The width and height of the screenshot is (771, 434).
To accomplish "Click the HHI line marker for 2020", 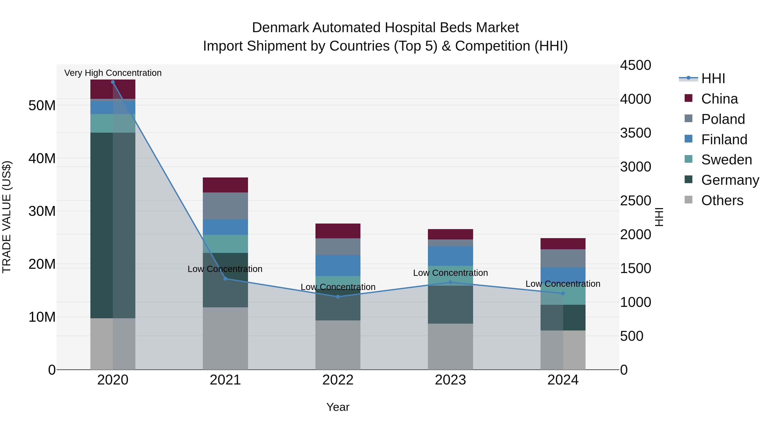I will pos(113,82).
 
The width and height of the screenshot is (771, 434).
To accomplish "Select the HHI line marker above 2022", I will pos(338,297).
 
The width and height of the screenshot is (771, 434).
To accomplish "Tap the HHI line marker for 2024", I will pos(563,294).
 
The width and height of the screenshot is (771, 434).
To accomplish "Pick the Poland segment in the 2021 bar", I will pos(225,206).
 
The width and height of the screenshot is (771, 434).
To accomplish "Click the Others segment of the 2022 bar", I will pos(338,345).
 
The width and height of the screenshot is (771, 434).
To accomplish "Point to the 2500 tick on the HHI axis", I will pos(635,200).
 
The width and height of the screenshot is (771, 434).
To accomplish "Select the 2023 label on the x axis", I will pos(450,380).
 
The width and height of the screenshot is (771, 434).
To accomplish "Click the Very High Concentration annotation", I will pos(113,73).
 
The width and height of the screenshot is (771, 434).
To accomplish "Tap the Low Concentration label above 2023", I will pos(450,273).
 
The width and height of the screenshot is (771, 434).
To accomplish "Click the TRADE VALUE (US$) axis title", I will pos(7,217).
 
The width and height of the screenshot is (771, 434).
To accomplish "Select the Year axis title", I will pos(338,407).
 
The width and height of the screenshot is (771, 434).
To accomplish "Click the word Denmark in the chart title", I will pos(280,28).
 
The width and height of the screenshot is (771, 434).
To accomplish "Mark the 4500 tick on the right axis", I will pos(635,65).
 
